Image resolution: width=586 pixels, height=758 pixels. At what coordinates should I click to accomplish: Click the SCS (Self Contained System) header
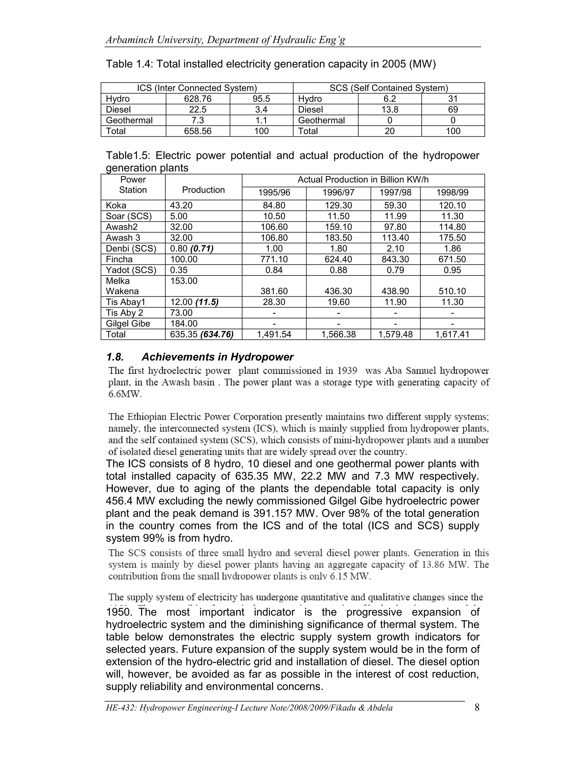tap(389, 88)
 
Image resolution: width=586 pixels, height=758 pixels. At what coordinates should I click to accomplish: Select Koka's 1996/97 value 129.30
tap(338, 205)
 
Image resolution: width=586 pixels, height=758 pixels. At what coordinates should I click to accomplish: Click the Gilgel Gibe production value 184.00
tap(184, 324)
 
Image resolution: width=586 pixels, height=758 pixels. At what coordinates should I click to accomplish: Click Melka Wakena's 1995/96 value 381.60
tap(274, 291)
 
